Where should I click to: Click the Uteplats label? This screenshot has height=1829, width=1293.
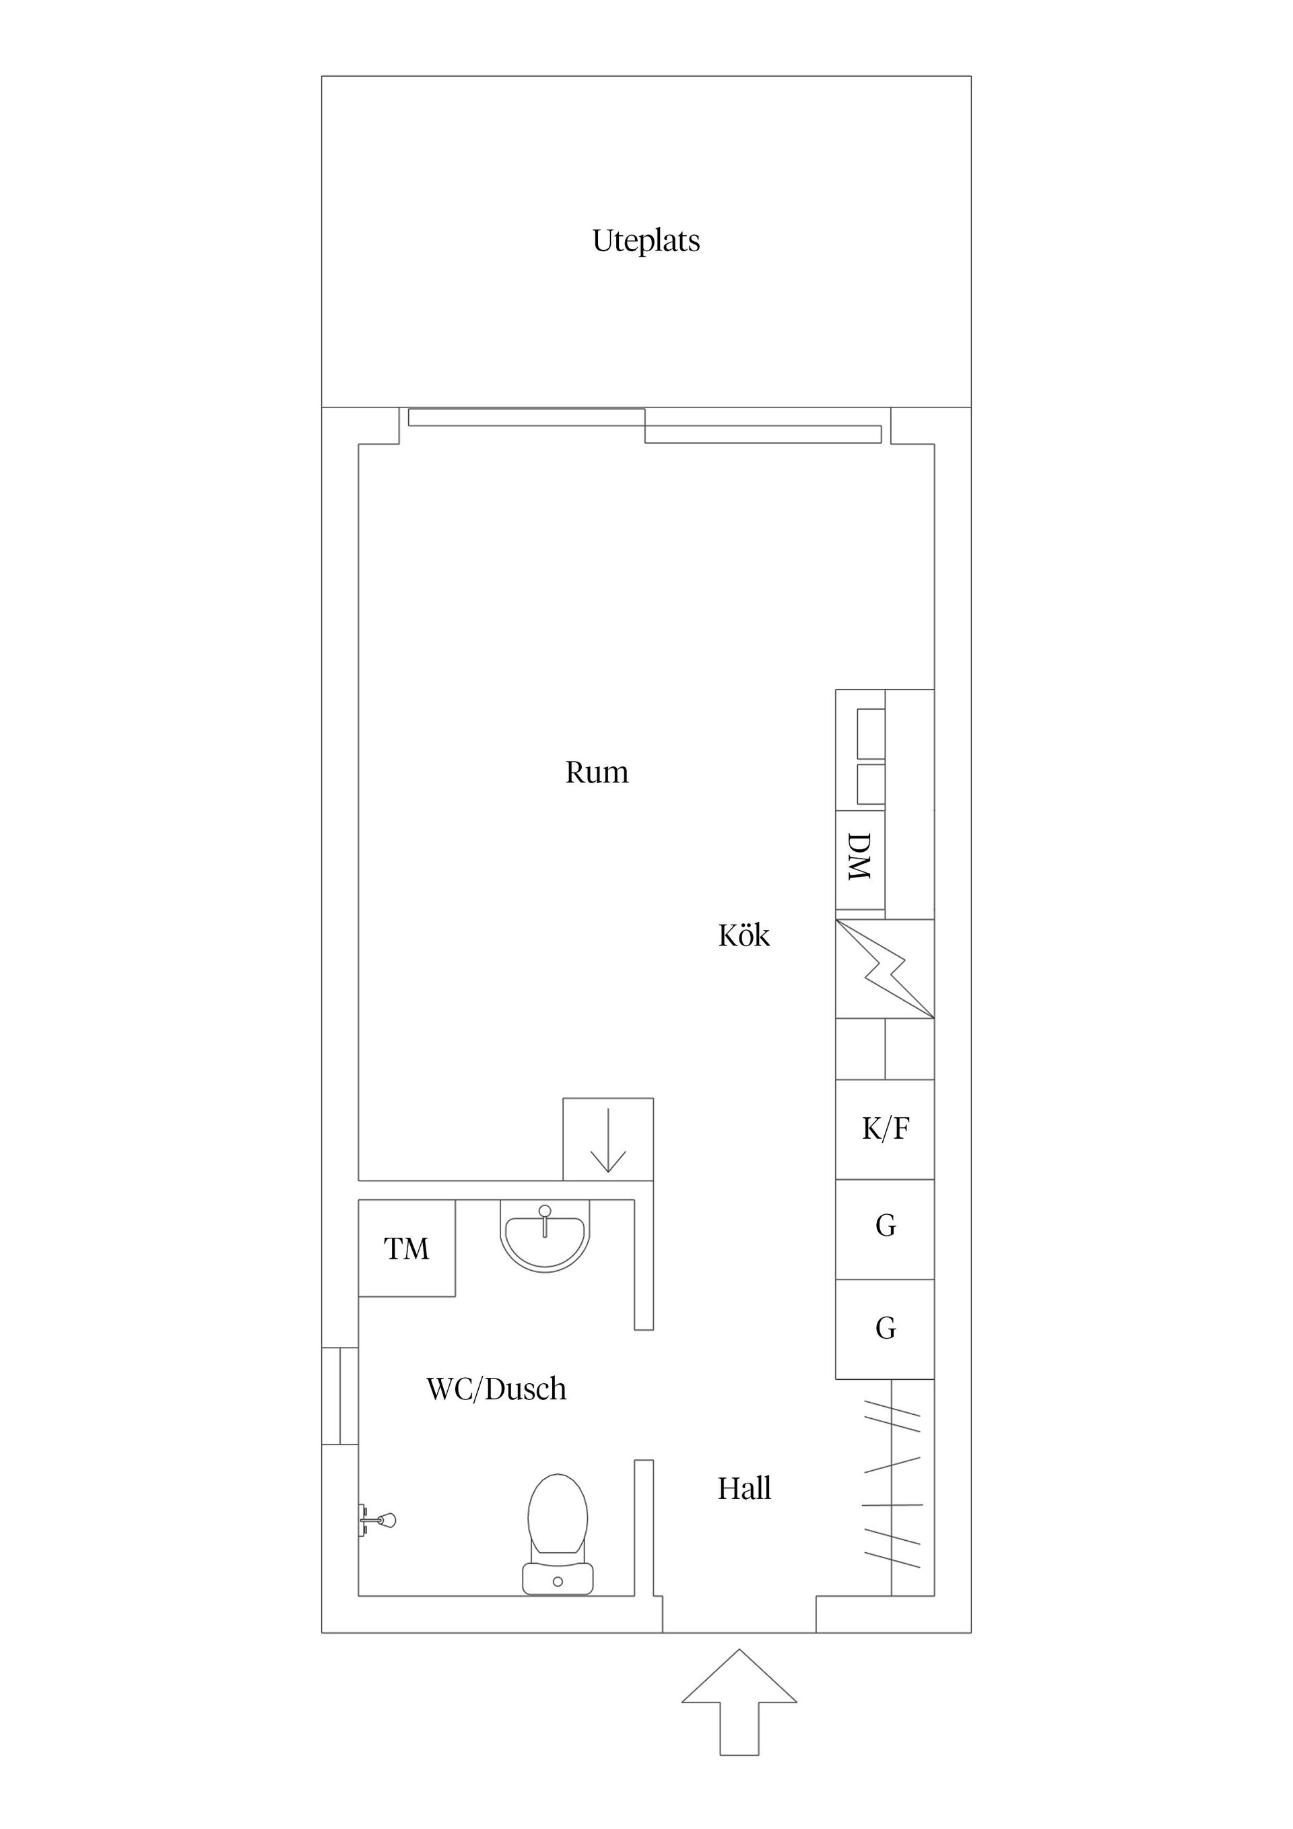646,240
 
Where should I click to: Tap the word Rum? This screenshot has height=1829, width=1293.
597,772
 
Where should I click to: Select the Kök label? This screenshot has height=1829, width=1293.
743,935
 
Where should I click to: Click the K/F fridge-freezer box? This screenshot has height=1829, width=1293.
884,1128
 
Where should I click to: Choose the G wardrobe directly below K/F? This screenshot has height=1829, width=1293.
884,1225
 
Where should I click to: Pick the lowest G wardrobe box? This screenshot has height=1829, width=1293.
884,1328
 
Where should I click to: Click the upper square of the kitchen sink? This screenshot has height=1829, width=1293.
871,733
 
